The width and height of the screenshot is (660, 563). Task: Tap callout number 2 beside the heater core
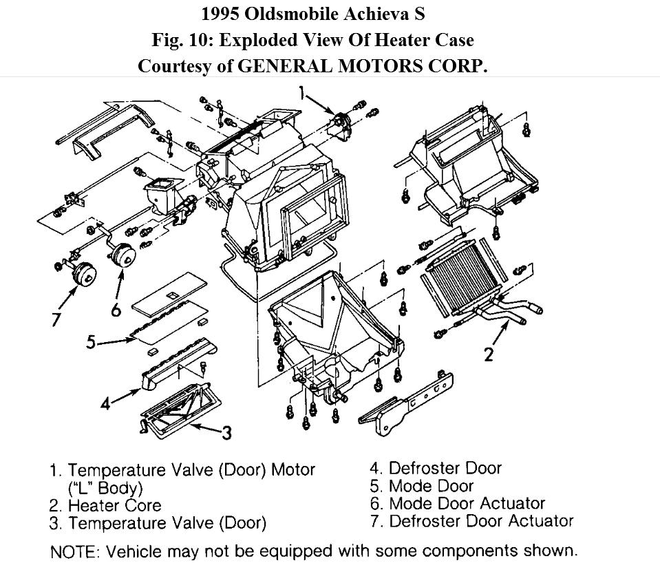click(x=488, y=354)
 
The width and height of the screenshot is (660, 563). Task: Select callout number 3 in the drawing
click(x=226, y=432)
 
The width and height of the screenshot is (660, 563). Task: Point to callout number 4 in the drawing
click(x=105, y=403)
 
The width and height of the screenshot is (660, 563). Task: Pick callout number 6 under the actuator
click(x=116, y=310)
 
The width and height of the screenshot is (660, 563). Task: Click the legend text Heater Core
click(x=114, y=505)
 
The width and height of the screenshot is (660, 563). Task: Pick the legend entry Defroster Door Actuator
click(x=480, y=520)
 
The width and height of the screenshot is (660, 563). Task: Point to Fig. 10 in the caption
click(x=181, y=40)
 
